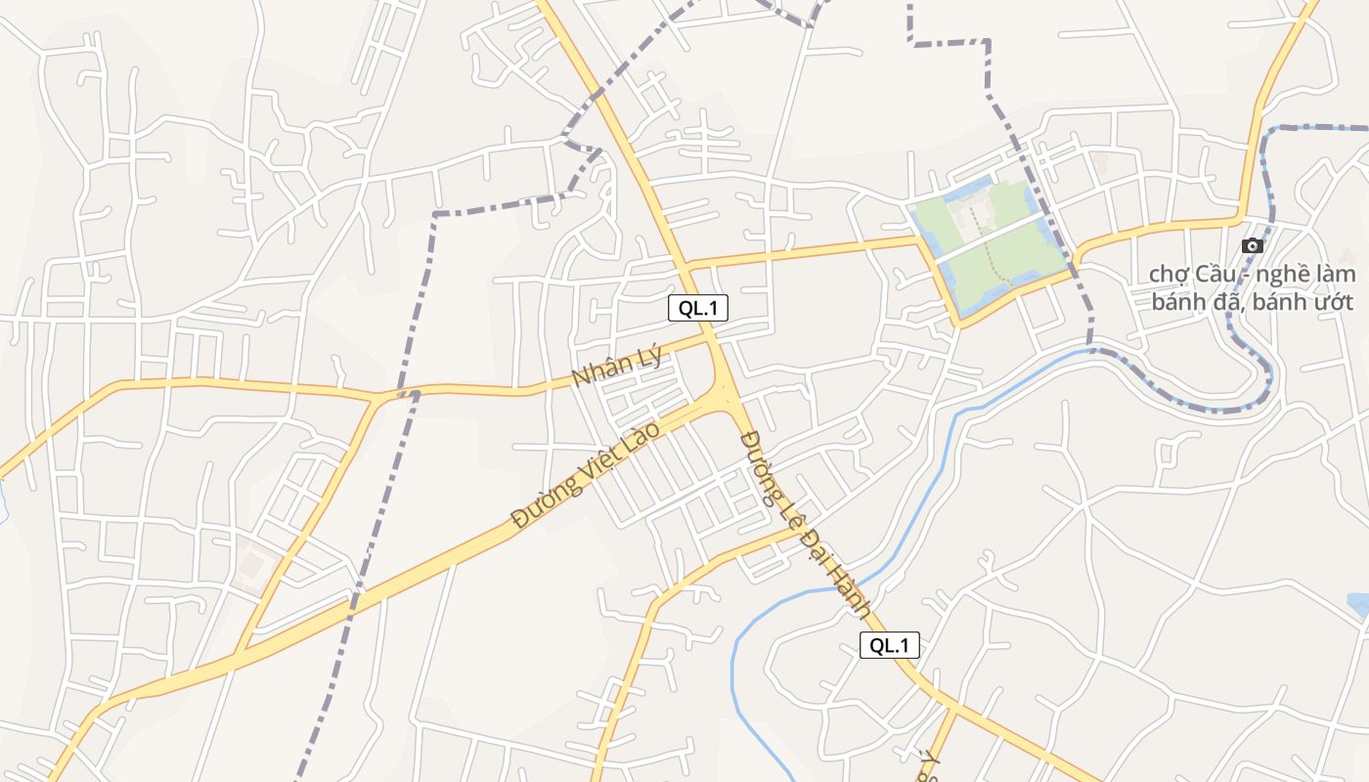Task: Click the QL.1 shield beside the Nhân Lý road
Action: click(x=698, y=308)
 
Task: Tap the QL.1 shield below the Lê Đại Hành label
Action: click(x=890, y=645)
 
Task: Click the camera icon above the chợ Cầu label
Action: click(x=1252, y=245)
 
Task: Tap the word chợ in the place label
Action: click(x=1170, y=274)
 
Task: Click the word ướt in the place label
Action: click(x=1334, y=301)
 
